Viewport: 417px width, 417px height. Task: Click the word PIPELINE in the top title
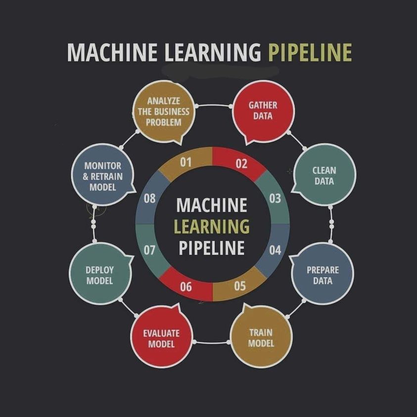310,52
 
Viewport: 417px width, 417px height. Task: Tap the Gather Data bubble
264,112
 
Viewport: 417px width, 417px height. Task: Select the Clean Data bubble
324,175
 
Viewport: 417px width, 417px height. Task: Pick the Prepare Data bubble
323,274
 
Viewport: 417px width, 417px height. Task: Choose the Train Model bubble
261,337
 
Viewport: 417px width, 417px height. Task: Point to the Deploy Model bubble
100,274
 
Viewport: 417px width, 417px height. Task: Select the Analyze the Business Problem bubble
164,112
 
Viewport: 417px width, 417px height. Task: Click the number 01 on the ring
185,162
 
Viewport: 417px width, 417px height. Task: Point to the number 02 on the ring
241,164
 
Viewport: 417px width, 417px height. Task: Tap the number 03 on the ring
275,198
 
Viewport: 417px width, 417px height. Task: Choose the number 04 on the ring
275,250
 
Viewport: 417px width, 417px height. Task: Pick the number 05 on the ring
240,286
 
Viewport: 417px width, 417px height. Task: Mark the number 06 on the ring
185,287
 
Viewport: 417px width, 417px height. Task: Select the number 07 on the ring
149,250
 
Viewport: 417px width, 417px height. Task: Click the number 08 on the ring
149,198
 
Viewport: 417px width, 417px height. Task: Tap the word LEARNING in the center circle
212,227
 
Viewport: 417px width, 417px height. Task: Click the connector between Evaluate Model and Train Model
211,342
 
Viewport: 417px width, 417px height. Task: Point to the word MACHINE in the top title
112,52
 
